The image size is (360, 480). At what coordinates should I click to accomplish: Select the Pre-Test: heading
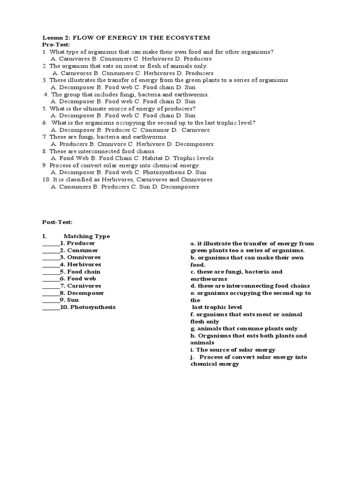click(x=56, y=45)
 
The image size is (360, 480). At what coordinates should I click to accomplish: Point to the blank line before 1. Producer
click(x=50, y=244)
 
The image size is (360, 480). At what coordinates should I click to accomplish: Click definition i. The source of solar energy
click(x=232, y=350)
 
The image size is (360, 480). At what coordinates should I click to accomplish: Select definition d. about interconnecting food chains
click(x=250, y=286)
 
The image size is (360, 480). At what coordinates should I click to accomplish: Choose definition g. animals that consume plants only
click(x=244, y=329)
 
